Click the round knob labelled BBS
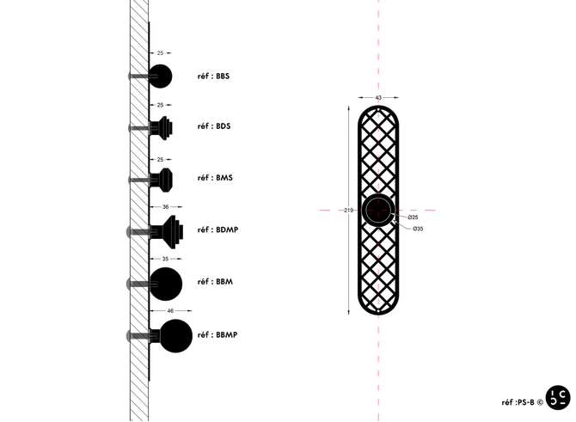(160, 76)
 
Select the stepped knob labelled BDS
(161, 128)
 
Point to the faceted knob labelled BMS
(161, 180)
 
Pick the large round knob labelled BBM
(166, 284)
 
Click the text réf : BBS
(213, 76)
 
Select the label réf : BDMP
(218, 229)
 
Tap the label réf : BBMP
(218, 334)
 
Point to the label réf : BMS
(215, 177)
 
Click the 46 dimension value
(170, 311)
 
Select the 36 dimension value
(165, 207)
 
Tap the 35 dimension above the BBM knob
(165, 259)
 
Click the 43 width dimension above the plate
(378, 97)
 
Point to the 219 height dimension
(349, 210)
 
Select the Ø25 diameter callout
(413, 217)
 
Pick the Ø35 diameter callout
(418, 229)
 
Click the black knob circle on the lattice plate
(378, 210)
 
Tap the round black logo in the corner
(558, 397)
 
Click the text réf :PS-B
(518, 402)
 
